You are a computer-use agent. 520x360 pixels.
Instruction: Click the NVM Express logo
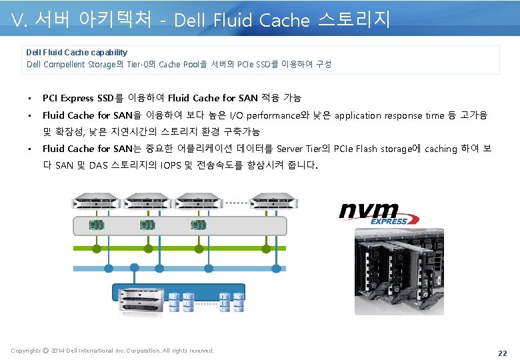(x=379, y=213)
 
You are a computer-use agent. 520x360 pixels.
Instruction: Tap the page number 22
(x=502, y=352)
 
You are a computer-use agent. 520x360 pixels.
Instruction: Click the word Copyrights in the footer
(x=26, y=351)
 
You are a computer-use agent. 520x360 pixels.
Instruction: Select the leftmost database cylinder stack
(x=174, y=301)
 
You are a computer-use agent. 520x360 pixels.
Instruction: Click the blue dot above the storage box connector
(x=135, y=267)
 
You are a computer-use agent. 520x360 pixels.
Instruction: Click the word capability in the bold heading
(x=107, y=52)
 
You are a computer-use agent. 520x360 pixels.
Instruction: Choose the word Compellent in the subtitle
(x=65, y=65)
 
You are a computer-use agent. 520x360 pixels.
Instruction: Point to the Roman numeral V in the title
(x=18, y=21)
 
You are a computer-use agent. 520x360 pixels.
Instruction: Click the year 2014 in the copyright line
(x=58, y=351)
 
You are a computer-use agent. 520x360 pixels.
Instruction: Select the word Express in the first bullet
(x=79, y=99)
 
